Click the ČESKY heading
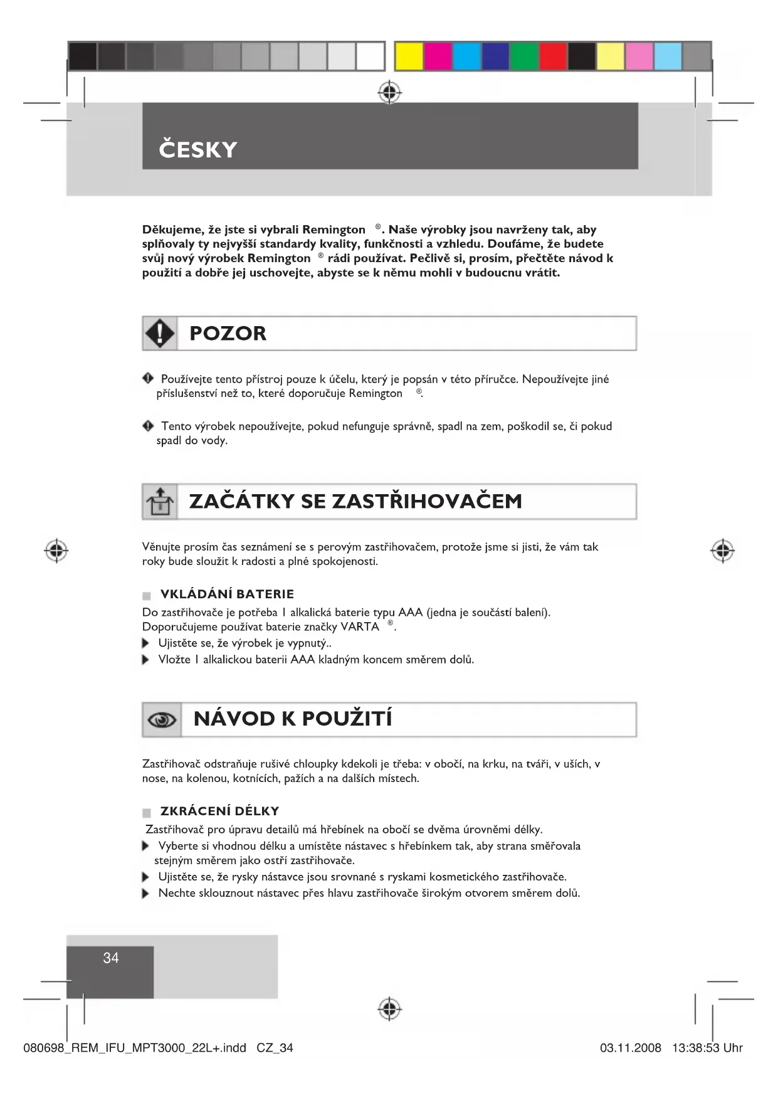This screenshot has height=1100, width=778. (x=197, y=150)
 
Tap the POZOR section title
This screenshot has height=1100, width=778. (x=228, y=334)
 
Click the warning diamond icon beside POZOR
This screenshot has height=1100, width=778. (x=160, y=333)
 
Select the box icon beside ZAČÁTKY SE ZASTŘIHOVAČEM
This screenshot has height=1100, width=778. (x=159, y=502)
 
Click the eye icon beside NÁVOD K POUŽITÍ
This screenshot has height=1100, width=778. (x=162, y=720)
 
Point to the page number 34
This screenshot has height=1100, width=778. (x=111, y=958)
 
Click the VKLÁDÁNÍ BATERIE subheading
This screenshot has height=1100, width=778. (x=227, y=594)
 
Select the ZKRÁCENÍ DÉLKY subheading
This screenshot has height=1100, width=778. (x=219, y=811)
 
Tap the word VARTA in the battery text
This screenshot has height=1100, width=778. (x=360, y=627)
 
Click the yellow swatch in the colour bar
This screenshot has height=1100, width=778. (x=409, y=56)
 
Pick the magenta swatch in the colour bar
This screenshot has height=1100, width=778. (x=438, y=56)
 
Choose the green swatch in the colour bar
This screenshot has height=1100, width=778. (x=524, y=56)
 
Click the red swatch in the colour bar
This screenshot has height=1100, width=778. (x=553, y=56)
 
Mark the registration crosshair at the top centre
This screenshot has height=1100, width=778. (x=389, y=92)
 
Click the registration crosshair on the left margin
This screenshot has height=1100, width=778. (x=56, y=550)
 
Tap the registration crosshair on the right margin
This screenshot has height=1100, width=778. (x=722, y=550)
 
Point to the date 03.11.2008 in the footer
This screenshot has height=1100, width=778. (x=630, y=1048)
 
